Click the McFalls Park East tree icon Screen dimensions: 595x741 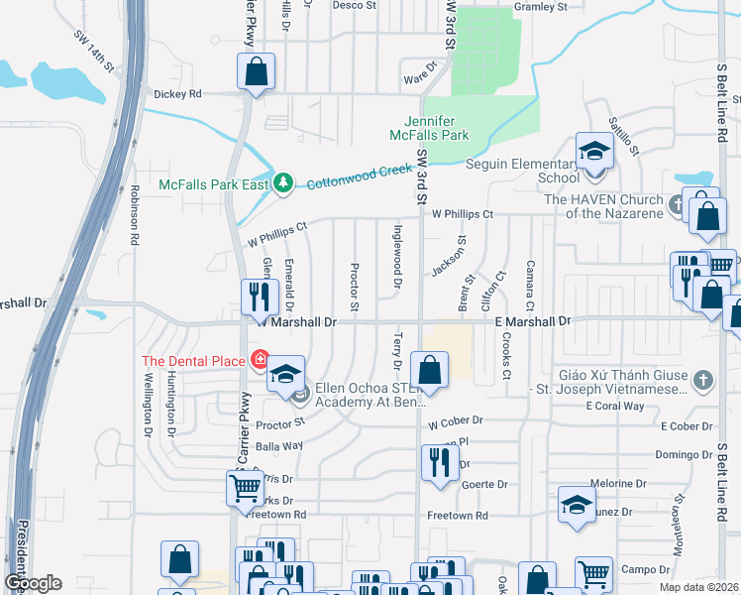click(x=283, y=183)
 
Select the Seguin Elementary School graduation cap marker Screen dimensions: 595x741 click(x=594, y=152)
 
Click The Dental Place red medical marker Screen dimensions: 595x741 click(x=261, y=360)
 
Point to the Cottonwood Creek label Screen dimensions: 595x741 click(x=358, y=177)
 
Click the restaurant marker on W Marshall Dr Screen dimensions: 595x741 click(x=257, y=297)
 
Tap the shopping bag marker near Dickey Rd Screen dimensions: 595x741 click(x=256, y=72)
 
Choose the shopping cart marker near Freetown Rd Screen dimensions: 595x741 click(x=245, y=487)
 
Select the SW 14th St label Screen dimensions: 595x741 click(x=94, y=50)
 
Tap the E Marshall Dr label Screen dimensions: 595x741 click(x=534, y=322)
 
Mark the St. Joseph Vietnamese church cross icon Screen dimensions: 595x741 click(x=701, y=380)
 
